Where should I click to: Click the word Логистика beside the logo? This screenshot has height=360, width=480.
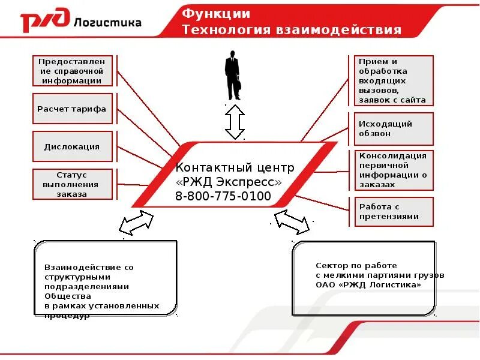[108, 23]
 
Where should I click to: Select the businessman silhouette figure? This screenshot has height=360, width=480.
[233, 75]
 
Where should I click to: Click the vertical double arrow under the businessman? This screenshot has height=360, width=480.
[235, 122]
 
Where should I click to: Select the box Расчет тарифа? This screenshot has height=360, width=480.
[72, 109]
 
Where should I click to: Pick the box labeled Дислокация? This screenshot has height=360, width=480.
[72, 146]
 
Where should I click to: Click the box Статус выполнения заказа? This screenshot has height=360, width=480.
[72, 184]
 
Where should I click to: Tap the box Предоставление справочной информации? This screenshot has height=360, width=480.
[72, 71]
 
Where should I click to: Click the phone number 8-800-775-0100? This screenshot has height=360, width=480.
[223, 196]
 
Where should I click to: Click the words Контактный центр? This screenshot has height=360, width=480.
[235, 167]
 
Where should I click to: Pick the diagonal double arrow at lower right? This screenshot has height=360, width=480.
[292, 222]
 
